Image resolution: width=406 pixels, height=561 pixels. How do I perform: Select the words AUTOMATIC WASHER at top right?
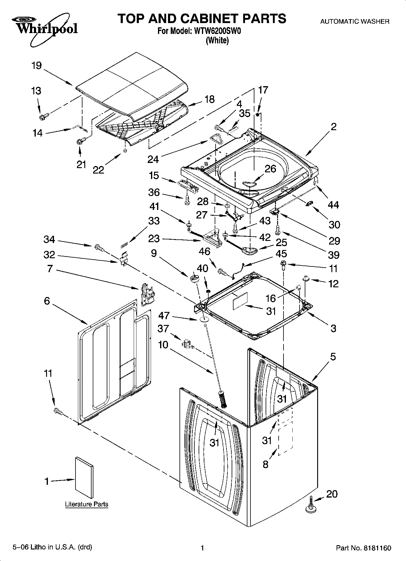(x=355, y=22)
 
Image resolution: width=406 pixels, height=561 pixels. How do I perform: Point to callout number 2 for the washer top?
(x=333, y=127)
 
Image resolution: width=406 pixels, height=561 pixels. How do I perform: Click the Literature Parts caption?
(x=87, y=504)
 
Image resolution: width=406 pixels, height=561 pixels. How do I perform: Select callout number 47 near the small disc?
(x=164, y=316)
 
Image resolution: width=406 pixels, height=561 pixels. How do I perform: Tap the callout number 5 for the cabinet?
(x=333, y=357)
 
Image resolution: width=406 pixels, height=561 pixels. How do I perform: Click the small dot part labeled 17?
(x=257, y=115)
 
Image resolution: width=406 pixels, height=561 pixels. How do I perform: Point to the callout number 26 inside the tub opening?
(x=270, y=169)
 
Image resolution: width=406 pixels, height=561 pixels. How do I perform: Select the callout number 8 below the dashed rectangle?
(x=266, y=464)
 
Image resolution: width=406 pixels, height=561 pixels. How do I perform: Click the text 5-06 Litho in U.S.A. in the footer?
(x=52, y=547)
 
